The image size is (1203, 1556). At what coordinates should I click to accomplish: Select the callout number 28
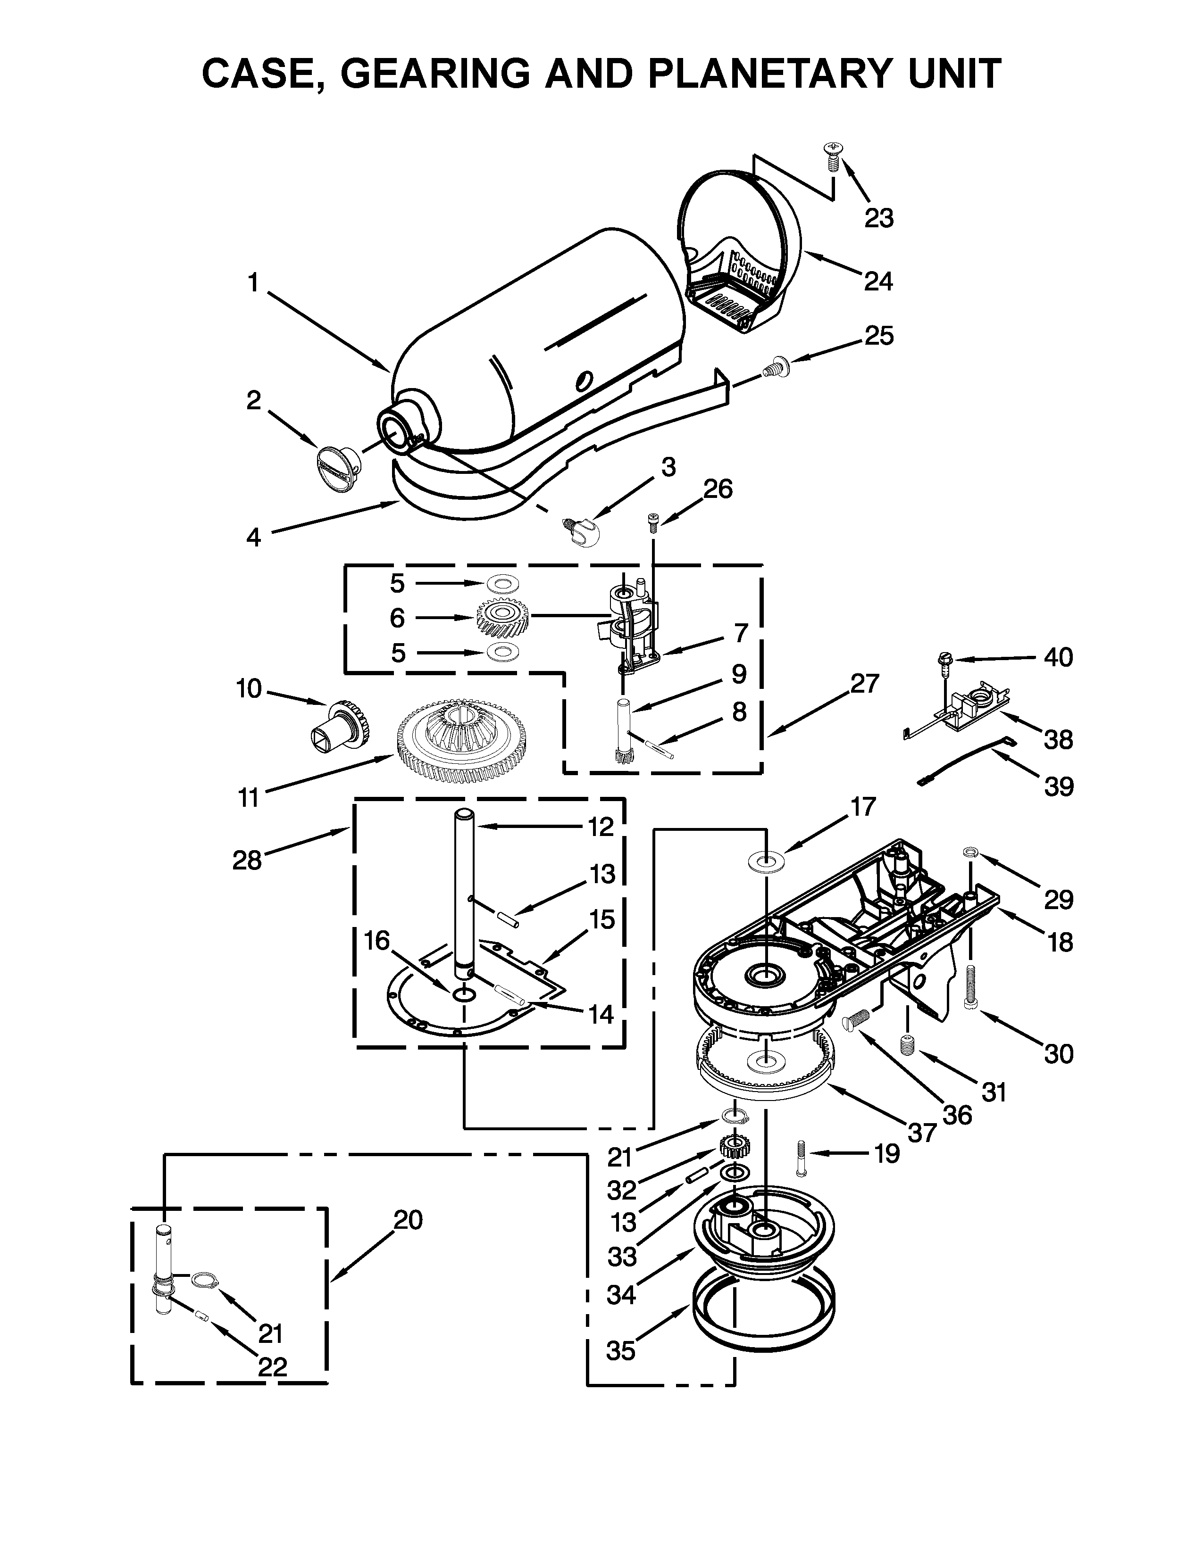pyautogui.click(x=247, y=860)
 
